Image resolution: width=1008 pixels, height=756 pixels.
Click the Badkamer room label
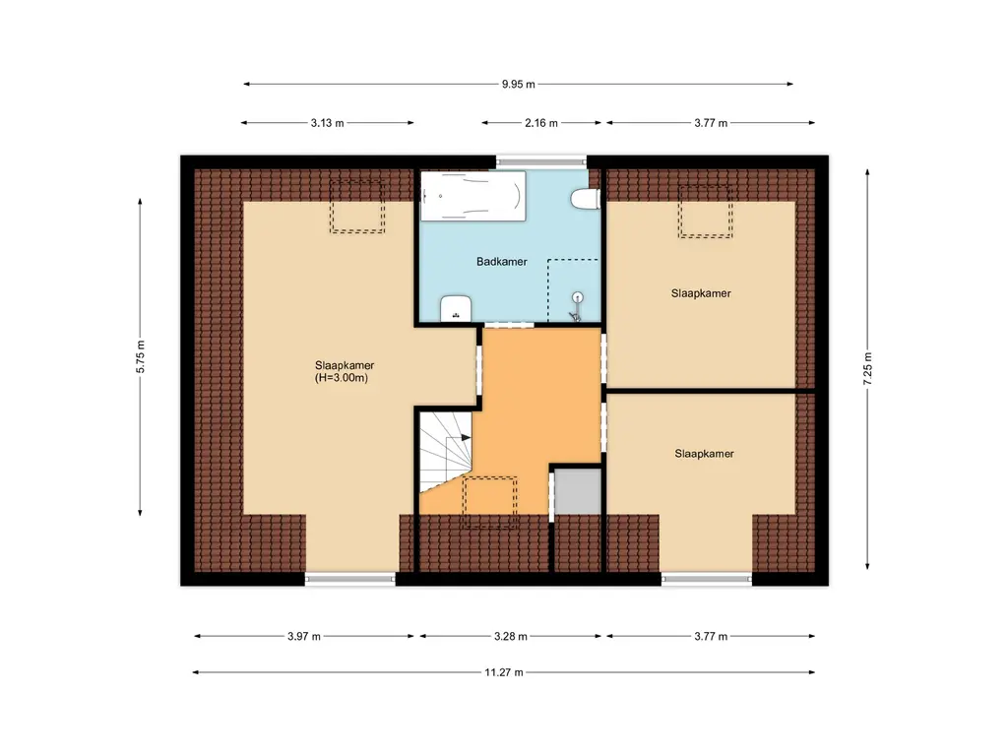pyautogui.click(x=501, y=262)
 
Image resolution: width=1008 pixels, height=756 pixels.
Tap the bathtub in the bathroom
pyautogui.click(x=473, y=196)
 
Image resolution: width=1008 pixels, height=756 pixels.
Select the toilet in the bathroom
pyautogui.click(x=586, y=199)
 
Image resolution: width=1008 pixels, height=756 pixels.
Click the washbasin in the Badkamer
pyautogui.click(x=456, y=308)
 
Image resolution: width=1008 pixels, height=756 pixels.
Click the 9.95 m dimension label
pyautogui.click(x=518, y=85)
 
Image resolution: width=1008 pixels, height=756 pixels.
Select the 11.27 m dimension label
pyautogui.click(x=504, y=672)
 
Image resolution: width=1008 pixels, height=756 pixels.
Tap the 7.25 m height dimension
pyautogui.click(x=867, y=369)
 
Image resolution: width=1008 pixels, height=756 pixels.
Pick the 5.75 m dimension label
pyautogui.click(x=140, y=356)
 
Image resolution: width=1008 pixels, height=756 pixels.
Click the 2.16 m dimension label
pyautogui.click(x=541, y=123)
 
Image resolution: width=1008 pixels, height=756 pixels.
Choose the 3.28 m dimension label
pyautogui.click(x=511, y=637)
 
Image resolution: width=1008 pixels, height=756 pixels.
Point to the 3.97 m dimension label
pyautogui.click(x=303, y=637)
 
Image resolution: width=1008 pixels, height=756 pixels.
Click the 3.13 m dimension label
pyautogui.click(x=327, y=123)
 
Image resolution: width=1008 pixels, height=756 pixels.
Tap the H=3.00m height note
pyautogui.click(x=342, y=378)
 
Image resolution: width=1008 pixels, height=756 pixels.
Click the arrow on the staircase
pyautogui.click(x=466, y=438)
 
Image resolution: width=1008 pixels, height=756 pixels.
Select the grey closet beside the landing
pyautogui.click(x=578, y=492)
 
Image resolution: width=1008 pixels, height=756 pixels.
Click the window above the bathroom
pyautogui.click(x=541, y=161)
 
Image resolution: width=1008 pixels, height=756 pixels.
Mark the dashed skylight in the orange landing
pyautogui.click(x=490, y=503)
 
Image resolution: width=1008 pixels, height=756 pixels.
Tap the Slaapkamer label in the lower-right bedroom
pyautogui.click(x=704, y=453)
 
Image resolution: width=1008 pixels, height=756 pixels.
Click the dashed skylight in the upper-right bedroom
pyautogui.click(x=705, y=212)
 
